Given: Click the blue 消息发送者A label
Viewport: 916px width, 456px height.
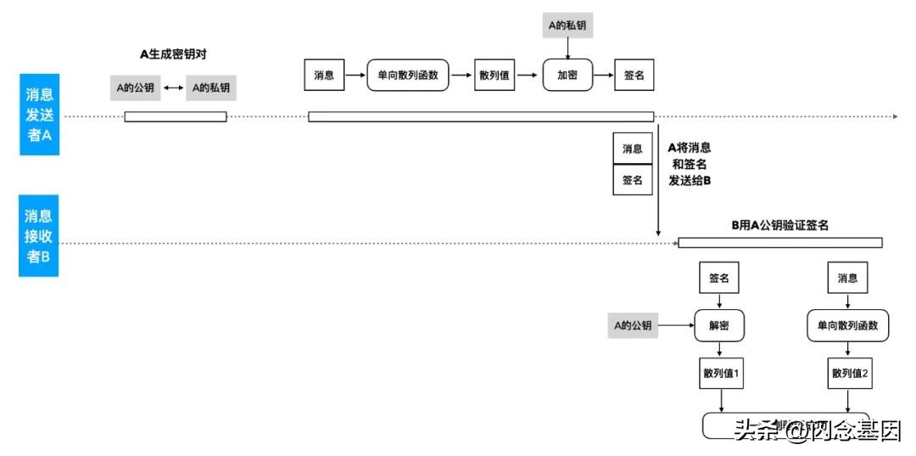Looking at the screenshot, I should coord(40,114).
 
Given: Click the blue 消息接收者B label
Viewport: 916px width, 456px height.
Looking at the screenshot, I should coord(40,236).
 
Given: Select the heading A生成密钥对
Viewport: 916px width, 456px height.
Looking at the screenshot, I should coord(174,53).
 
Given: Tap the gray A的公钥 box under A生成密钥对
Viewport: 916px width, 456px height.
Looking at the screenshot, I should coord(135,87).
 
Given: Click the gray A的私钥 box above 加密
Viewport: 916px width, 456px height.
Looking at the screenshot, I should coord(567,25).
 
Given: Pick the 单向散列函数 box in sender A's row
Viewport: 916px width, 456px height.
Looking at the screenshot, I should coord(407,76).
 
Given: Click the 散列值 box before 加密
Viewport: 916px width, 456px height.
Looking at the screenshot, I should coord(494,76).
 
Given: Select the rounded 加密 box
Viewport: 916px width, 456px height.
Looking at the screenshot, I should coord(567,76).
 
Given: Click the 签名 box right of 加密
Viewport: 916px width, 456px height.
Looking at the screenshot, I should coord(634,76).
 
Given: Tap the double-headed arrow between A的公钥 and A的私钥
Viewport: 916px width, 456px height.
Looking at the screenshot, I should coord(174,87).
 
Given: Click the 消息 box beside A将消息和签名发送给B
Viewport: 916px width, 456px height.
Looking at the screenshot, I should coord(633,149).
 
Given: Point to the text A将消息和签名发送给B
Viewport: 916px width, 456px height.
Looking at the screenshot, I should coord(690,164).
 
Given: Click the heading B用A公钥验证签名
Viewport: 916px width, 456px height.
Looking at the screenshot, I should coord(779,225).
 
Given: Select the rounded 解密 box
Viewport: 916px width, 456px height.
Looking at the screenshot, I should coord(719,325).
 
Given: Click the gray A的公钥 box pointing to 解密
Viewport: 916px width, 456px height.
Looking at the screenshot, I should coord(633,325).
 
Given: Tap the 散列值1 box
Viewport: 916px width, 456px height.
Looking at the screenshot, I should coord(719,374).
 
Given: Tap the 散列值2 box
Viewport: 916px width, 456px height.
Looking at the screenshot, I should coord(848,374).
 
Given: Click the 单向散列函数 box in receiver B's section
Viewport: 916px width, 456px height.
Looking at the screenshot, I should coord(847,325).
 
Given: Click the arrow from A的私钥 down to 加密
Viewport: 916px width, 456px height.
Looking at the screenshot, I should coord(567,48).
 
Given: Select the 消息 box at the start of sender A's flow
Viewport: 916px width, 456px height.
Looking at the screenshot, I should coord(323,76).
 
